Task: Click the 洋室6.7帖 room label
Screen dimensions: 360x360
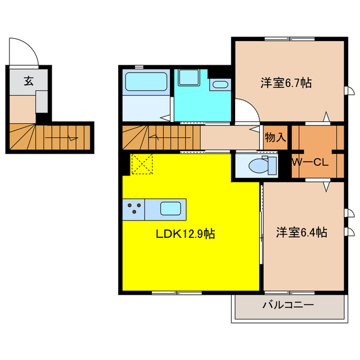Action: point(286,83)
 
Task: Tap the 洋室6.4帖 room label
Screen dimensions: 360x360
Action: point(301,232)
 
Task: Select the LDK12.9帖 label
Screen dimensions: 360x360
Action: point(185,234)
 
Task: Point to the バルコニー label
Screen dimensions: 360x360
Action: point(288,305)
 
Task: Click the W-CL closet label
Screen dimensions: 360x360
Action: point(310,163)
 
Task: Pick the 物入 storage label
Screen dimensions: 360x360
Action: point(275,137)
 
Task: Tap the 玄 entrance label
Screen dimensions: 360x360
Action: point(29,81)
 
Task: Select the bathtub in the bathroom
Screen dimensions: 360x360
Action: point(146,82)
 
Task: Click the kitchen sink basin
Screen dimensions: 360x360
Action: point(170,209)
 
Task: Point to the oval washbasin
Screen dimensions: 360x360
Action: point(220,85)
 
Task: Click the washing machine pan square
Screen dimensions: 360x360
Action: point(189,78)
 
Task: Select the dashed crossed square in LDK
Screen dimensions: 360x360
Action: point(142,164)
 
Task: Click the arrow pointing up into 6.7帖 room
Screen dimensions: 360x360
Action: point(326,116)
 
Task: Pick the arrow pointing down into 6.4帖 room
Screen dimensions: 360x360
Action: point(326,187)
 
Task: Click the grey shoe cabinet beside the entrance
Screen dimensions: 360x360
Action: point(42,102)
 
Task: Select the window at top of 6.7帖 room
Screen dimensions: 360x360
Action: point(290,39)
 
